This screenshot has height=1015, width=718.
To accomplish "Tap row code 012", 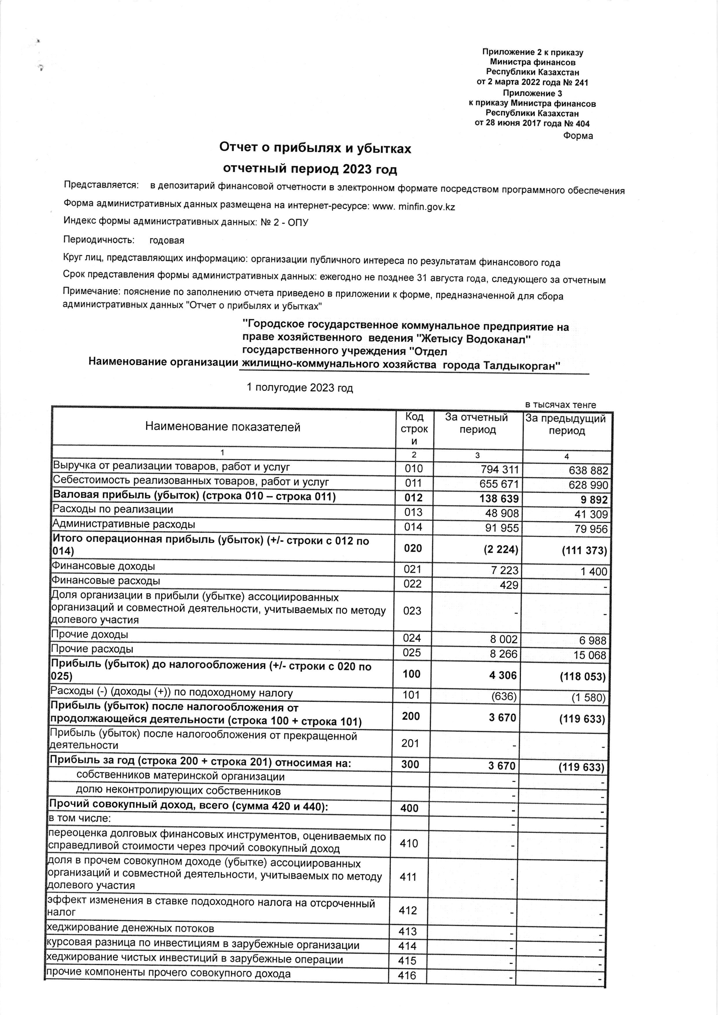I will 413,498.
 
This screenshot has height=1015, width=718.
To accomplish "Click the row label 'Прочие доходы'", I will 90,634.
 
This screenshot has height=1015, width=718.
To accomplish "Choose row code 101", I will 411,695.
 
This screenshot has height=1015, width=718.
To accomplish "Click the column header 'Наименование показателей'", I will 223,427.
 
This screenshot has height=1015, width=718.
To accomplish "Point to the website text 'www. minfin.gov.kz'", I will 414,206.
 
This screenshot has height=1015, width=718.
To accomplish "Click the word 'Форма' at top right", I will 578,136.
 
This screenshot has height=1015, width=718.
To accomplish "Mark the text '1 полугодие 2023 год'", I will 300,388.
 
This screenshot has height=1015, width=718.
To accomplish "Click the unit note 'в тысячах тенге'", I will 560,405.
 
